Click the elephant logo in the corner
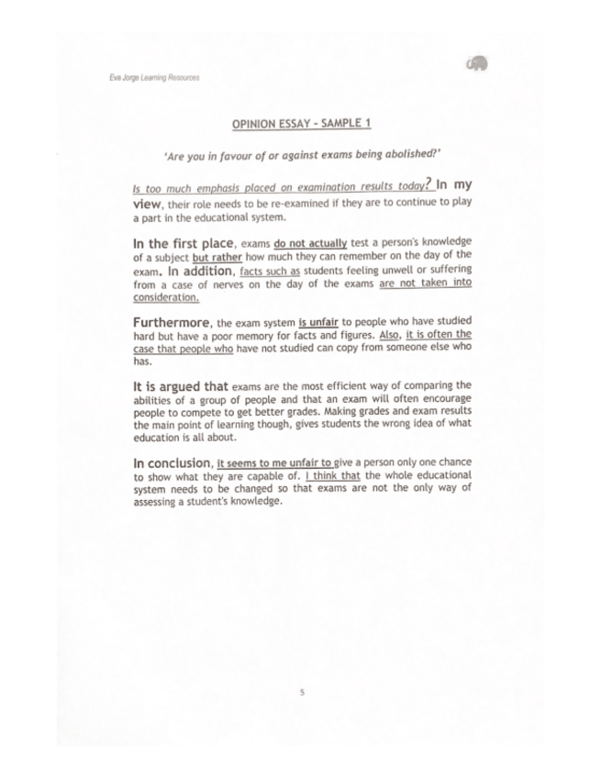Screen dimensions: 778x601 point(476,63)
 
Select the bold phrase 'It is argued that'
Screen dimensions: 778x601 point(180,388)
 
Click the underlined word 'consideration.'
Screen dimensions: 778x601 point(165,297)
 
